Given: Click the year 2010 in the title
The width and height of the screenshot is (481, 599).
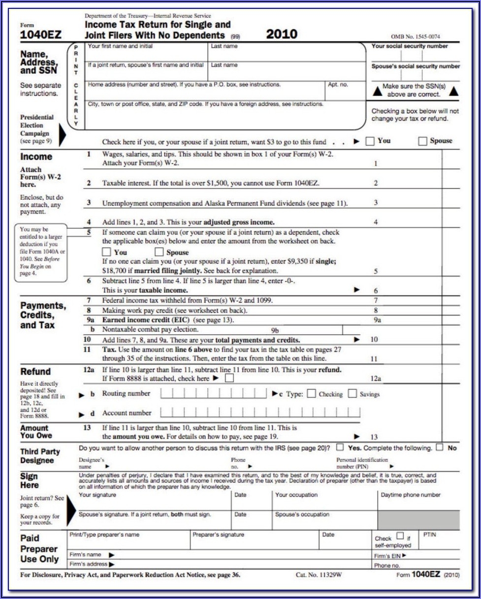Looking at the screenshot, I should coord(282,34).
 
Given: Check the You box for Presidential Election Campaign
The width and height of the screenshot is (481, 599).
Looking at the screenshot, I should coord(370,141).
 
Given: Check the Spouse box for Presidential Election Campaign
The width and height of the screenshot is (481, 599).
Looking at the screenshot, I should coord(422,141).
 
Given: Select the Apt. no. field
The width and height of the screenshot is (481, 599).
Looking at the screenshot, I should coord(345,91).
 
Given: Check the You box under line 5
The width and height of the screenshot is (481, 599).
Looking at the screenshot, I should coord(106,252).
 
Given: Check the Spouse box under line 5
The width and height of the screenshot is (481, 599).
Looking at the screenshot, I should coord(159,252).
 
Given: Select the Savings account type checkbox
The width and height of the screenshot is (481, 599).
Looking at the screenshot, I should coord(352,394).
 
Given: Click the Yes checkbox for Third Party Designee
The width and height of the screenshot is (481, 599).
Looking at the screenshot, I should coord(340,447).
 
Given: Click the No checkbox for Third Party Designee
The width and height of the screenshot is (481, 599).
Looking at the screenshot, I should coord(440,447).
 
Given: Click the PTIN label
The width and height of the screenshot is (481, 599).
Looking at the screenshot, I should coord(429,534).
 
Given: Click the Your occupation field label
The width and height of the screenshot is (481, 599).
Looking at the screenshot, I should coord(296,495).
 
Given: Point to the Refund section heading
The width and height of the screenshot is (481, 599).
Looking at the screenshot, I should coord(35,372).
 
